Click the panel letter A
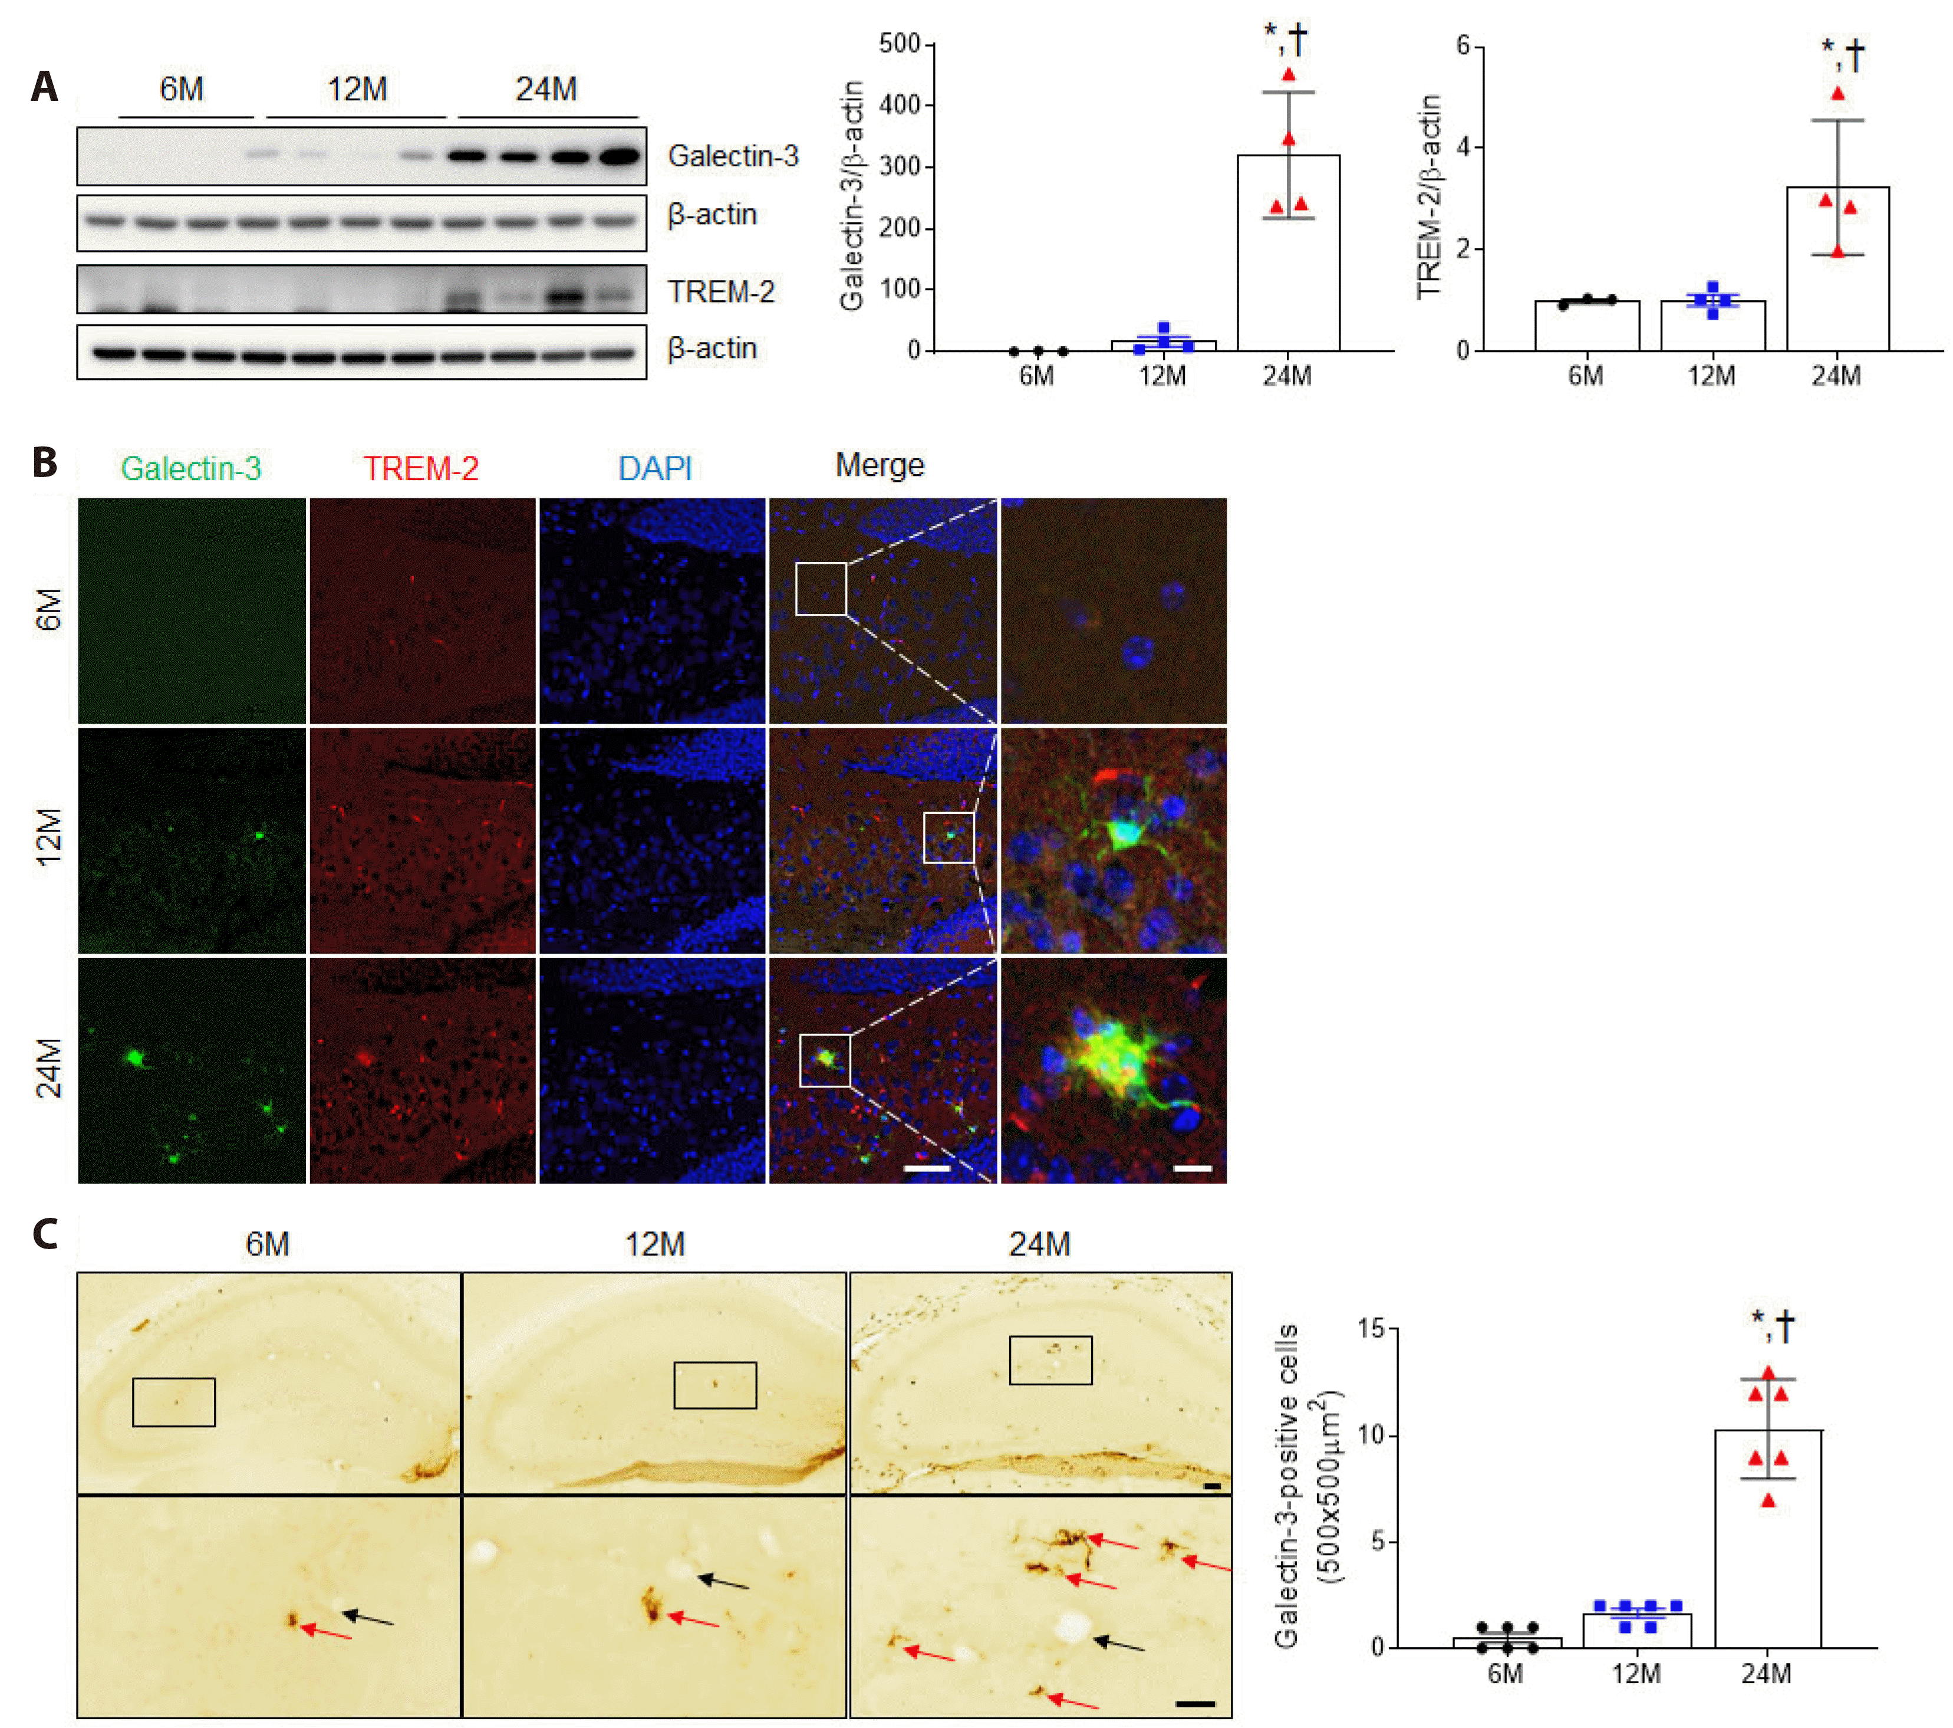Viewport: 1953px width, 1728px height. tap(44, 87)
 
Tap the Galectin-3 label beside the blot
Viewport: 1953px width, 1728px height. tap(732, 156)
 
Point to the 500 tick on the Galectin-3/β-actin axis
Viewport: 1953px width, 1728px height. tap(900, 44)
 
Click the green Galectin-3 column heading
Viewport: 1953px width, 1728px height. tap(190, 468)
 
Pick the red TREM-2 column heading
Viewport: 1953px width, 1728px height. tap(420, 468)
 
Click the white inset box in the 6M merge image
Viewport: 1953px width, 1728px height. tap(821, 589)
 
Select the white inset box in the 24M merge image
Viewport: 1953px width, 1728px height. tap(825, 1060)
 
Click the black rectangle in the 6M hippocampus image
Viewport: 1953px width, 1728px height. tap(174, 1402)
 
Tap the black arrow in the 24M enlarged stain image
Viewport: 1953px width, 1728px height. tap(1118, 1644)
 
